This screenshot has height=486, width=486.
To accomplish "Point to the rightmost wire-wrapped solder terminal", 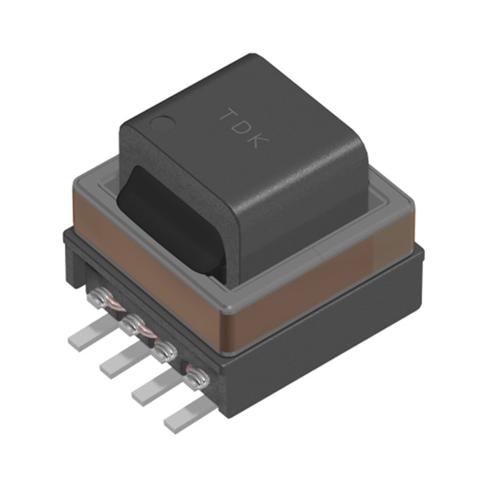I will tap(197, 380).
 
